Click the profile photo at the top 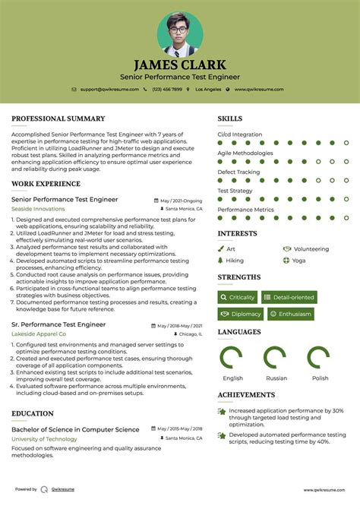[x=180, y=33]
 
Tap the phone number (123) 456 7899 [x=166, y=90]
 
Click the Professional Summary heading [x=58, y=119]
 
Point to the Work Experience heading [x=46, y=184]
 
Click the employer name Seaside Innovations [x=38, y=208]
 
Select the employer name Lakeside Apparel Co [x=39, y=334]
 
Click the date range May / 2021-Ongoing [x=183, y=200]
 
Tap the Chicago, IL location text [x=191, y=334]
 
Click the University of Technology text [x=44, y=439]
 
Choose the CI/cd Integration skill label [x=240, y=134]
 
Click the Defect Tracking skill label [x=238, y=172]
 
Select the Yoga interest [x=298, y=260]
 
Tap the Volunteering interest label [x=311, y=248]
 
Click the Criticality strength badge [x=238, y=297]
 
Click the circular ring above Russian [x=275, y=358]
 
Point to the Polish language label [x=320, y=378]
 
